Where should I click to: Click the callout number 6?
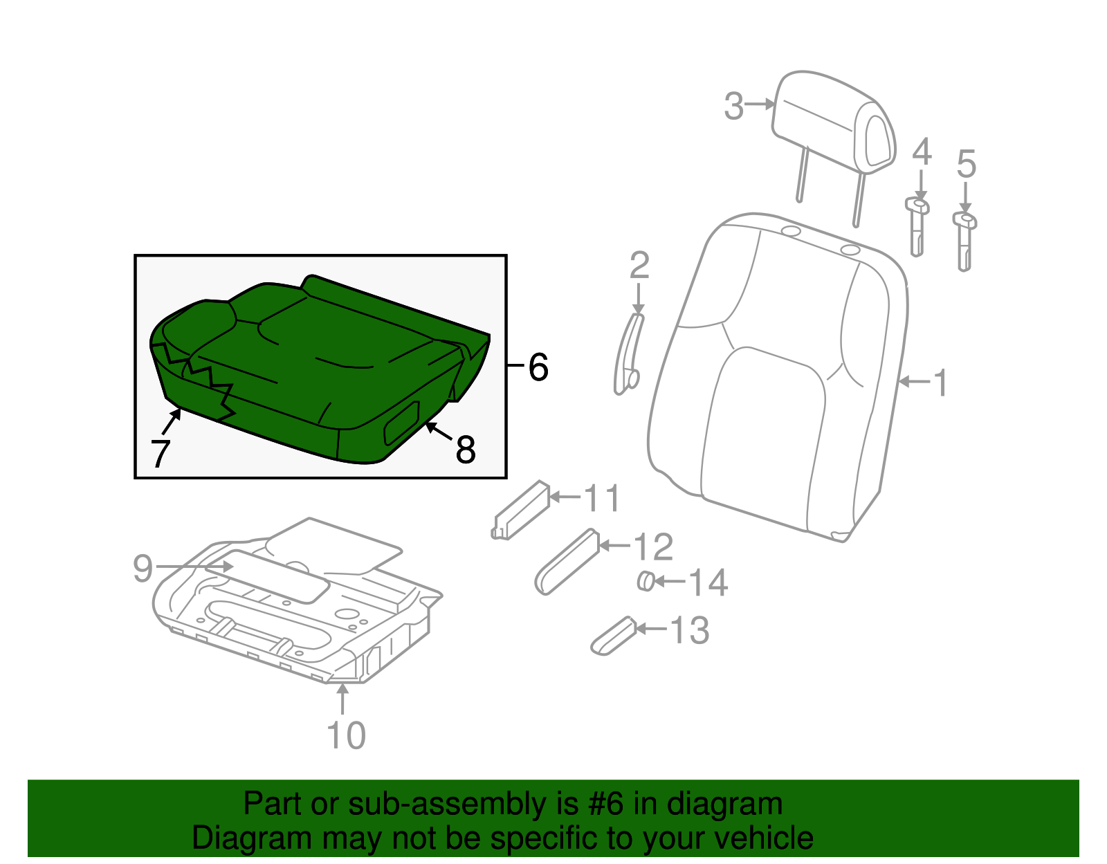point(538,367)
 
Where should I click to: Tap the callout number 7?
point(160,454)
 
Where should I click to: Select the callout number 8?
point(466,450)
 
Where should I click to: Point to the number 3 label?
point(733,107)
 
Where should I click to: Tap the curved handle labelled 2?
point(628,353)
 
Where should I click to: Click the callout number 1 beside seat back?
point(940,383)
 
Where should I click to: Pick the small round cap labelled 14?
point(646,581)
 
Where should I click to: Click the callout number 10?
point(346,735)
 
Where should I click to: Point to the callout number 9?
point(143,569)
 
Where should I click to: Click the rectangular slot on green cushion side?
point(402,423)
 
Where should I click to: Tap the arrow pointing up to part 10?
point(342,697)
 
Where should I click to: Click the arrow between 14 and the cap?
point(669,582)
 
